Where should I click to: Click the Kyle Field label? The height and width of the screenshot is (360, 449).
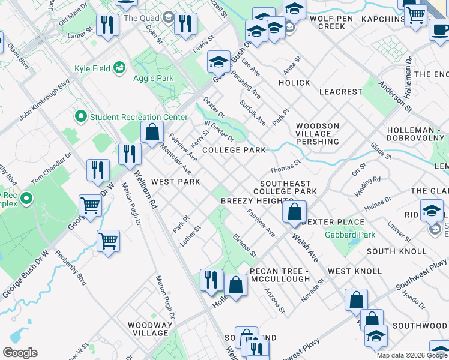tap(92, 68)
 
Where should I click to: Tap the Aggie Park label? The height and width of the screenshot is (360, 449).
tap(156, 79)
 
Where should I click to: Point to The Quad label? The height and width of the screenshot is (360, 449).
tap(141, 18)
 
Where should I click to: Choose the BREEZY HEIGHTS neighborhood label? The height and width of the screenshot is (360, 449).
tap(257, 200)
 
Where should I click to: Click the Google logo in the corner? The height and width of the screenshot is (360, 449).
tap(20, 352)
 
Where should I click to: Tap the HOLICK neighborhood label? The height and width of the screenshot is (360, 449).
tap(294, 83)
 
